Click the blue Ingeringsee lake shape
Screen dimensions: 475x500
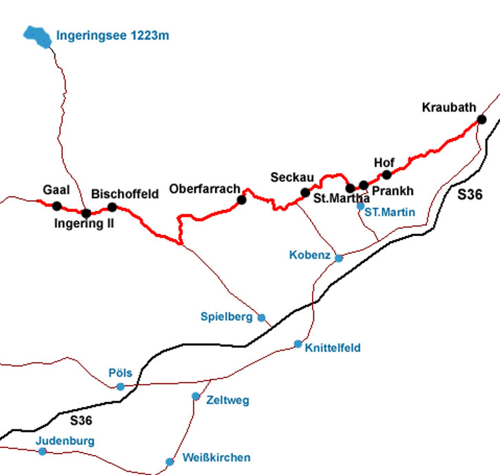36,35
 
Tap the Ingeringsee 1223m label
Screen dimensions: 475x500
112,35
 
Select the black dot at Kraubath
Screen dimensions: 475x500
481,119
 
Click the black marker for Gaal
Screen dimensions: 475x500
56,206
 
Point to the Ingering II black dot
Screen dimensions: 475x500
86,213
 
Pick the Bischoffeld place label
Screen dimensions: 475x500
125,194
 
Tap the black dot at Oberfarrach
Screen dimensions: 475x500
241,200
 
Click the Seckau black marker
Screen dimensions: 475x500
305,192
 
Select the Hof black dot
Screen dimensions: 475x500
386,175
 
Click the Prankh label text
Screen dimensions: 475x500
392,191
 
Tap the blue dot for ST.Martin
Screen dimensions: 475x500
360,206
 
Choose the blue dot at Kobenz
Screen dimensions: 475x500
339,258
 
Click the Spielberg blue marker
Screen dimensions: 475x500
261,317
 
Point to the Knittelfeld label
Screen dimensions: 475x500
332,348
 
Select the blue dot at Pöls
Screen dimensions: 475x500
121,386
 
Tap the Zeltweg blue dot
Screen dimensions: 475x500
196,396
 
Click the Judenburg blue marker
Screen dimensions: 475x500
43,452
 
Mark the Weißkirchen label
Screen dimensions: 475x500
216,458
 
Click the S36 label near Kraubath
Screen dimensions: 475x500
470,195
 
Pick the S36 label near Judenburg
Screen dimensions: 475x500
81,420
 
